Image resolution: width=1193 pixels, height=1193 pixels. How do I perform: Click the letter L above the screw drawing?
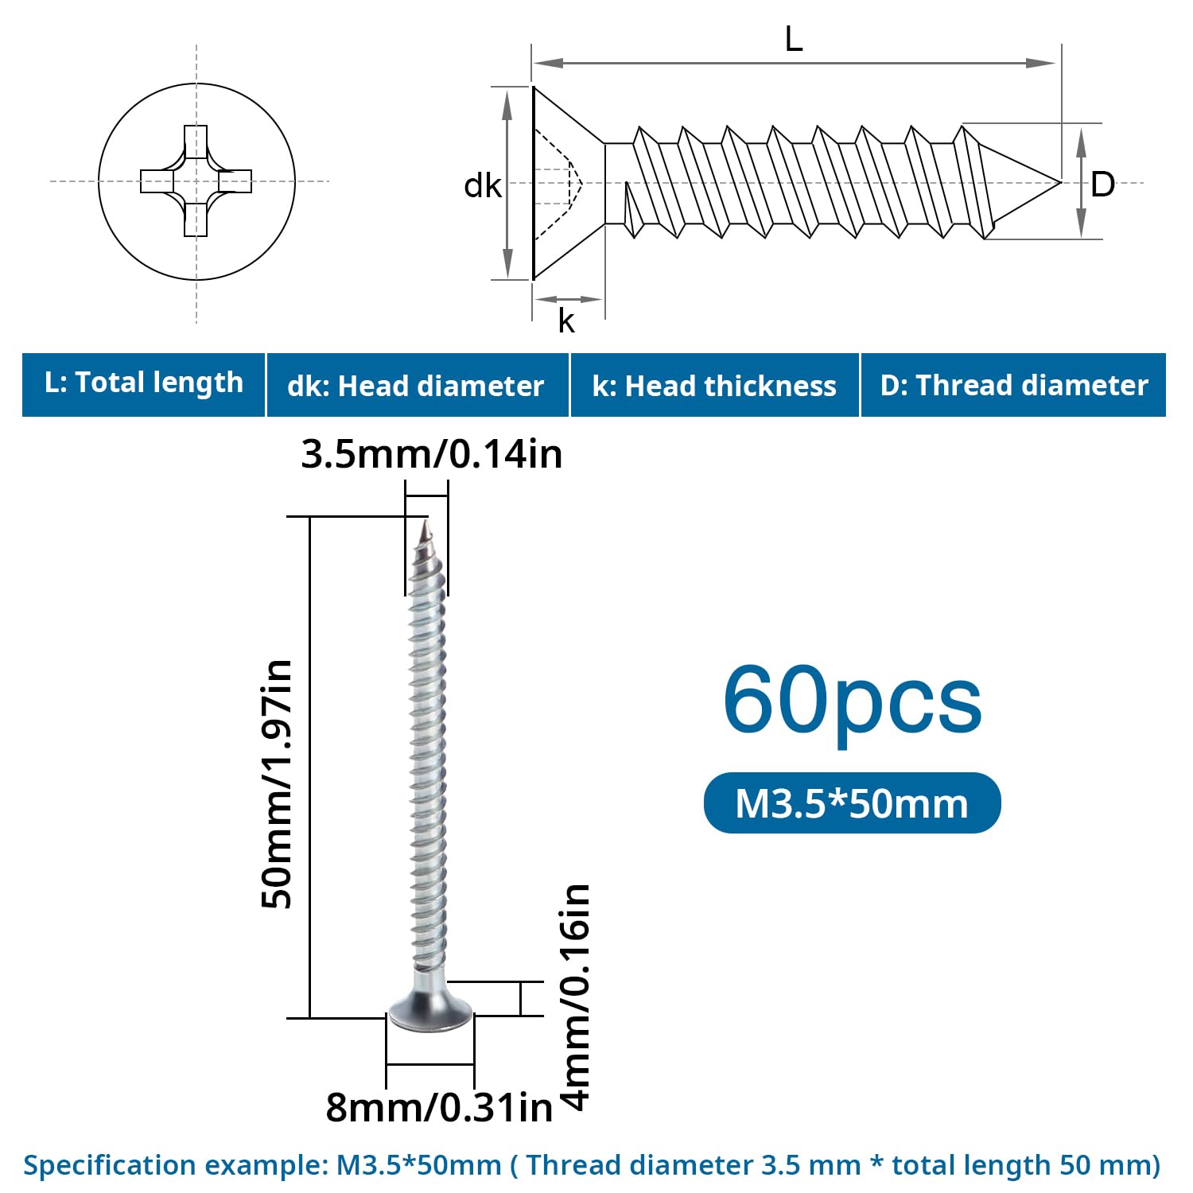(x=794, y=38)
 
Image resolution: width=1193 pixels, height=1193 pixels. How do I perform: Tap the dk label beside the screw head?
(x=483, y=186)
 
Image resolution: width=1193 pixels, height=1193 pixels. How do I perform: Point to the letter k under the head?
(x=566, y=321)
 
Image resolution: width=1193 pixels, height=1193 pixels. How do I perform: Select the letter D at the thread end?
(x=1102, y=185)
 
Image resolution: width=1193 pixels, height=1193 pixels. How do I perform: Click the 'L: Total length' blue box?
(x=143, y=385)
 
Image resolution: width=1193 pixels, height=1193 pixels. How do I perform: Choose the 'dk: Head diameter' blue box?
(x=418, y=385)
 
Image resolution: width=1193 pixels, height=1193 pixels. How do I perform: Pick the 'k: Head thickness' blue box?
(x=715, y=385)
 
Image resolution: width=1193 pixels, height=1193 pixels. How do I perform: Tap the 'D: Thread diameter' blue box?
(x=1013, y=385)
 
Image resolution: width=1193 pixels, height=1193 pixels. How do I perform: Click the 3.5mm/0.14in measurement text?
(x=432, y=454)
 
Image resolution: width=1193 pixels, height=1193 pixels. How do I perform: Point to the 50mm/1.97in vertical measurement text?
(x=278, y=783)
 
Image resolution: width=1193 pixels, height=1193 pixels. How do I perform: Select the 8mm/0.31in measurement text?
(x=439, y=1107)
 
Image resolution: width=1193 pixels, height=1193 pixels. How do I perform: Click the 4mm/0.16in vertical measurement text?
(x=576, y=997)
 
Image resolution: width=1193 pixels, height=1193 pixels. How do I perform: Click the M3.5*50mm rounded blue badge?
(x=853, y=803)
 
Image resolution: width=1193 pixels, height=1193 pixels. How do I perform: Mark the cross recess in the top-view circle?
(x=196, y=181)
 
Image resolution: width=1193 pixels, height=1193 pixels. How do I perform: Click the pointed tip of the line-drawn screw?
(x=1060, y=183)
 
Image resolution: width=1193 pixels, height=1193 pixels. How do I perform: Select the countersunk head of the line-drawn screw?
(x=569, y=183)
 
